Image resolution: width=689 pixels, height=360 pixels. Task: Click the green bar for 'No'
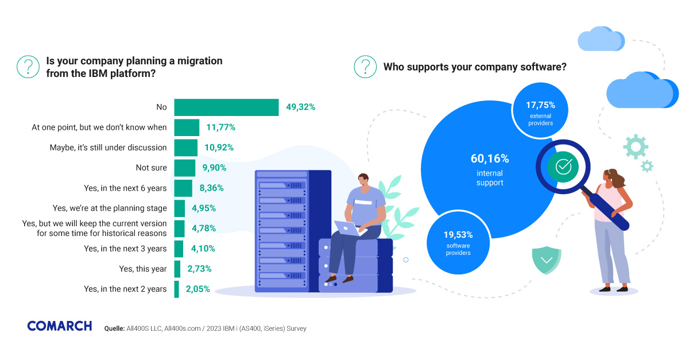(226, 107)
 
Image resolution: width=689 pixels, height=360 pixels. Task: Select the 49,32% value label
(300, 107)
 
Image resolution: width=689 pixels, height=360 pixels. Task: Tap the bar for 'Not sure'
(185, 168)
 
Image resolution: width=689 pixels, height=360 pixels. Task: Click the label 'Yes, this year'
(142, 269)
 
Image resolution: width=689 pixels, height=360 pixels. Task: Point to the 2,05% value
(198, 289)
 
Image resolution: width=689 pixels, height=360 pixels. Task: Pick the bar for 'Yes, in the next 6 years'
(183, 188)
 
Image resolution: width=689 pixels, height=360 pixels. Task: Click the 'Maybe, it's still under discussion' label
(108, 148)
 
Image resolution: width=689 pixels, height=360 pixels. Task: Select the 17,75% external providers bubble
(540, 110)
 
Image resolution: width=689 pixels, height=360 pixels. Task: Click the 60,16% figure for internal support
(490, 159)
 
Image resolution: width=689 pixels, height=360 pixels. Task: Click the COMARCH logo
(59, 326)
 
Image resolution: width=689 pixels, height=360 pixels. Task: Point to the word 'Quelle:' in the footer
(115, 329)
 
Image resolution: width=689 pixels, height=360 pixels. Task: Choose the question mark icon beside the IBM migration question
(28, 67)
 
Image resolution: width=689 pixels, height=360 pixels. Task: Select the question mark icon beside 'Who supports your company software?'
(365, 67)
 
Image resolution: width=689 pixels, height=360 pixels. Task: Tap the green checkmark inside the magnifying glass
(563, 167)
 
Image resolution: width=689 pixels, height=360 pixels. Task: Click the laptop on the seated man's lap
(349, 229)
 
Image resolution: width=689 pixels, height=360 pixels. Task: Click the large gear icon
(635, 147)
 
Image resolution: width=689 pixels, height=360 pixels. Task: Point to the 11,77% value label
(220, 127)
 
